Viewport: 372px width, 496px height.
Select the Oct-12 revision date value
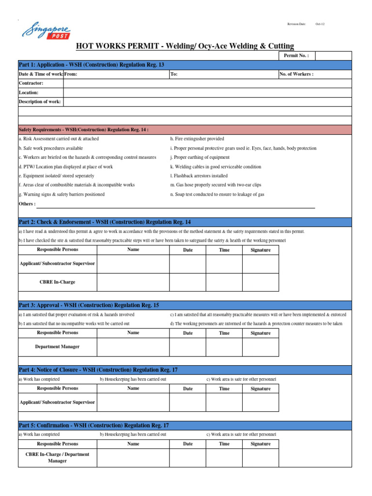(320, 24)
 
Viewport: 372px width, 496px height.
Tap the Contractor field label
(31, 83)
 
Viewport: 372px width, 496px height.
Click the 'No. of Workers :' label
(296, 74)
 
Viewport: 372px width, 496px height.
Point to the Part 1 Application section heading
(91, 65)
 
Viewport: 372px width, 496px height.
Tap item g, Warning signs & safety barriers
(62, 194)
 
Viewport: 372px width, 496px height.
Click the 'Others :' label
(27, 204)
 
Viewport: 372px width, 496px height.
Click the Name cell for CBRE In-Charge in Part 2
(133, 282)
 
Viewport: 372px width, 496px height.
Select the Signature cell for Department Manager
(261, 347)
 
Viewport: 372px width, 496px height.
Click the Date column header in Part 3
(187, 333)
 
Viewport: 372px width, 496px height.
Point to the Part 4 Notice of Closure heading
(98, 370)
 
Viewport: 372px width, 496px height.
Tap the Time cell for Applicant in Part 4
(224, 402)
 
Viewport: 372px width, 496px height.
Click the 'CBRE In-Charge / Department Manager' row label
(57, 458)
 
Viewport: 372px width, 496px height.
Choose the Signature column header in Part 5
(261, 444)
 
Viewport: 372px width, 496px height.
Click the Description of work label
(40, 102)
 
